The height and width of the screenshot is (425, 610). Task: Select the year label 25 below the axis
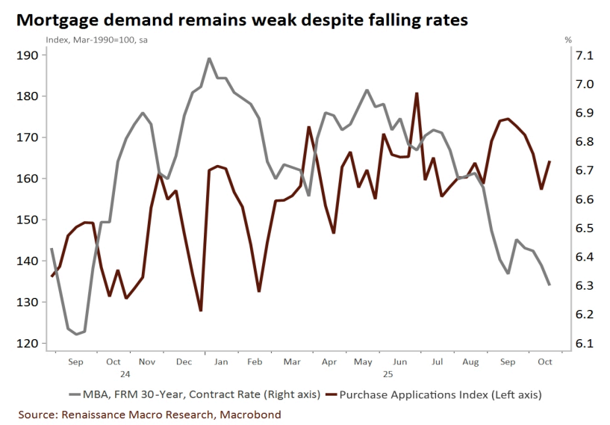[388, 372]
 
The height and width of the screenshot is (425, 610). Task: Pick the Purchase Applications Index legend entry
[441, 394]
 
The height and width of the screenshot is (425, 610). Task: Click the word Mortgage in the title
[56, 20]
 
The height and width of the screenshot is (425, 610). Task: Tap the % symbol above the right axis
[568, 40]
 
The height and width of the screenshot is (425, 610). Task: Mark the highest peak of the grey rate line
[208, 58]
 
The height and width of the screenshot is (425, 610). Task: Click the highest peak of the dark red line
[416, 93]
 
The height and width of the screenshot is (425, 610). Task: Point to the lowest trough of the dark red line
[201, 311]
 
